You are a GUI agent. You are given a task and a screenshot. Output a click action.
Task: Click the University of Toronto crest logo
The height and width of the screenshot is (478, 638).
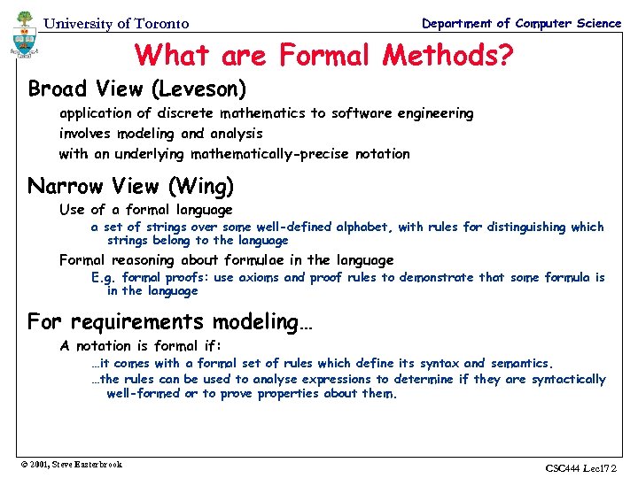click(x=23, y=35)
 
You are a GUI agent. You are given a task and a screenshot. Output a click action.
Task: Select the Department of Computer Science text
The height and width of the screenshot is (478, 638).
click(x=521, y=23)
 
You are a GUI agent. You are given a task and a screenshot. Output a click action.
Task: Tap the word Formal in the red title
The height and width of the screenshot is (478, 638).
click(x=326, y=56)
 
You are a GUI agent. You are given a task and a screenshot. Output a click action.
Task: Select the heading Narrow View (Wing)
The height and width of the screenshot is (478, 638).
click(x=131, y=186)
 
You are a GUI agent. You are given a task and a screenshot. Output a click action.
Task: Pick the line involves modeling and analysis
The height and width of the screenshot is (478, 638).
click(x=160, y=134)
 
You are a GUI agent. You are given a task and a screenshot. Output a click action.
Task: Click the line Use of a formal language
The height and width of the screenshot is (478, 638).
click(x=145, y=210)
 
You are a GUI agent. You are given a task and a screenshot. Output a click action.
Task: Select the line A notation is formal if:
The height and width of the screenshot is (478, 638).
click(x=140, y=346)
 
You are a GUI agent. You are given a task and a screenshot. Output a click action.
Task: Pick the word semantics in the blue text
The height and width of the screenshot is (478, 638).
click(x=520, y=363)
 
